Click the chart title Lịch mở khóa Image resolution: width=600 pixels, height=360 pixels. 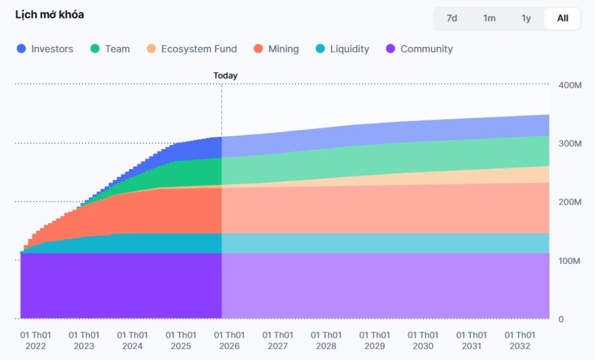(x=49, y=15)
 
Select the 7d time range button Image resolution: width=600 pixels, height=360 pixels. (x=452, y=18)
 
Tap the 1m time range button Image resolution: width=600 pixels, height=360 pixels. (x=489, y=18)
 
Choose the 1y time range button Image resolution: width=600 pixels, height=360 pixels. (x=526, y=18)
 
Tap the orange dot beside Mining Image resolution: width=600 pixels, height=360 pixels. (x=259, y=49)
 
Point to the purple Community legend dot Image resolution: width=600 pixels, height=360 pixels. (x=391, y=49)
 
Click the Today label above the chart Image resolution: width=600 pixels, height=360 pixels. (x=225, y=76)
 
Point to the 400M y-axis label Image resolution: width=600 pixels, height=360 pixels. (x=569, y=85)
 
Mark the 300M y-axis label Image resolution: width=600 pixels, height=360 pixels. (x=569, y=144)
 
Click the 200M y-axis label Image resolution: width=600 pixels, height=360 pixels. (x=569, y=202)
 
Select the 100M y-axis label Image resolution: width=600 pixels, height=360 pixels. (x=569, y=261)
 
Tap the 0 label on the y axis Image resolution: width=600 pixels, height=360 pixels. (x=561, y=319)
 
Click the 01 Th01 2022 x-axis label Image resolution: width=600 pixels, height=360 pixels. (x=35, y=340)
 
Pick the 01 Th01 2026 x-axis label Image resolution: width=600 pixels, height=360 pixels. (x=229, y=340)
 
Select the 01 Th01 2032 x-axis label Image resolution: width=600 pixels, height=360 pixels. (x=520, y=340)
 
